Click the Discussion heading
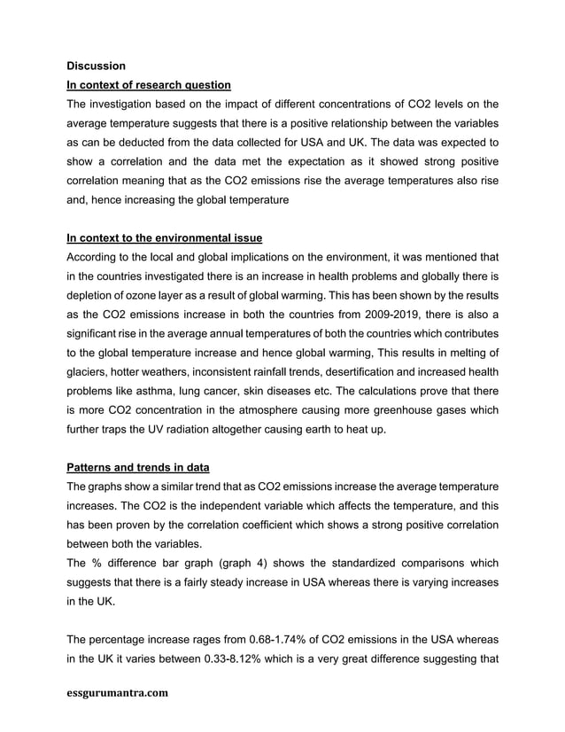pyautogui.click(x=97, y=66)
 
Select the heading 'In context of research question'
pyautogui.click(x=149, y=85)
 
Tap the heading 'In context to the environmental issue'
pyautogui.click(x=164, y=238)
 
